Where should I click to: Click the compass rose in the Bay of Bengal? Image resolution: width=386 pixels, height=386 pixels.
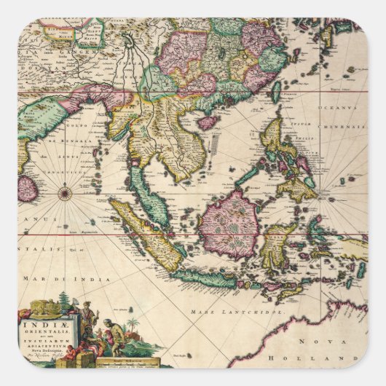64,193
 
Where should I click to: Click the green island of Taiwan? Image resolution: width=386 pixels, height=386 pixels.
277,90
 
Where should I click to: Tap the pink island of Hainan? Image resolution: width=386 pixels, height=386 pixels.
208,121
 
